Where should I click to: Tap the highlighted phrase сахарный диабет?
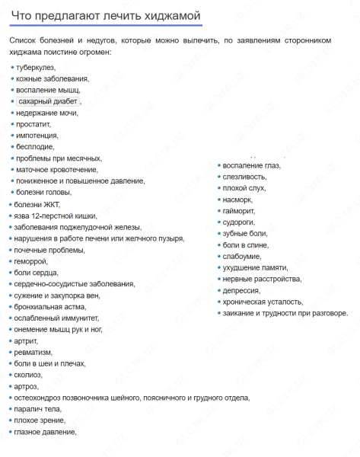[x=47, y=101]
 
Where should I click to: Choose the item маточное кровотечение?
[x=53, y=169]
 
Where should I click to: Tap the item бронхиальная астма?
[x=46, y=306]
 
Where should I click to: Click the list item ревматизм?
[x=33, y=352]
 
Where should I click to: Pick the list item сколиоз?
[x=29, y=375]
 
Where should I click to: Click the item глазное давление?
[x=45, y=432]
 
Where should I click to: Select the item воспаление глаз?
[x=252, y=165]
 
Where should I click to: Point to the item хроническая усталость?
[x=263, y=302]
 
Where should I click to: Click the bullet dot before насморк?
[x=219, y=200]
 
